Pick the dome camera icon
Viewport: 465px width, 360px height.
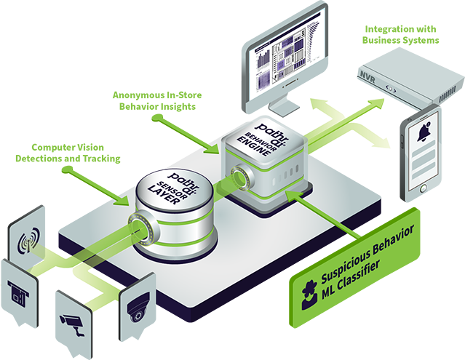pos(137,311)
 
